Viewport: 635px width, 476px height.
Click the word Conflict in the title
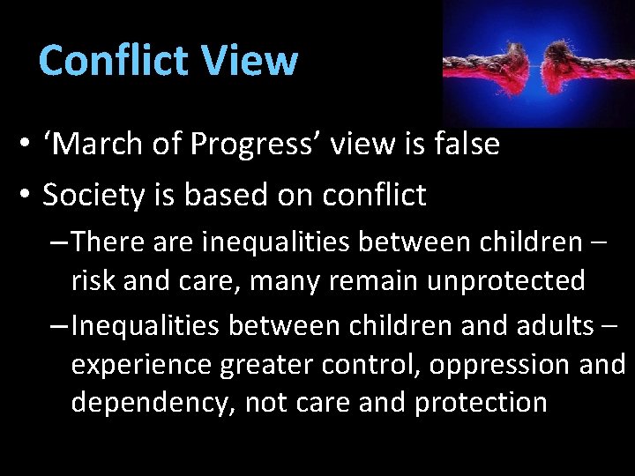point(115,61)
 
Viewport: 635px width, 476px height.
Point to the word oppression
point(477,363)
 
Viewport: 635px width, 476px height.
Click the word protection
point(481,402)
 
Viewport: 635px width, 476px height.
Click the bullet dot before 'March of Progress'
point(29,145)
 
